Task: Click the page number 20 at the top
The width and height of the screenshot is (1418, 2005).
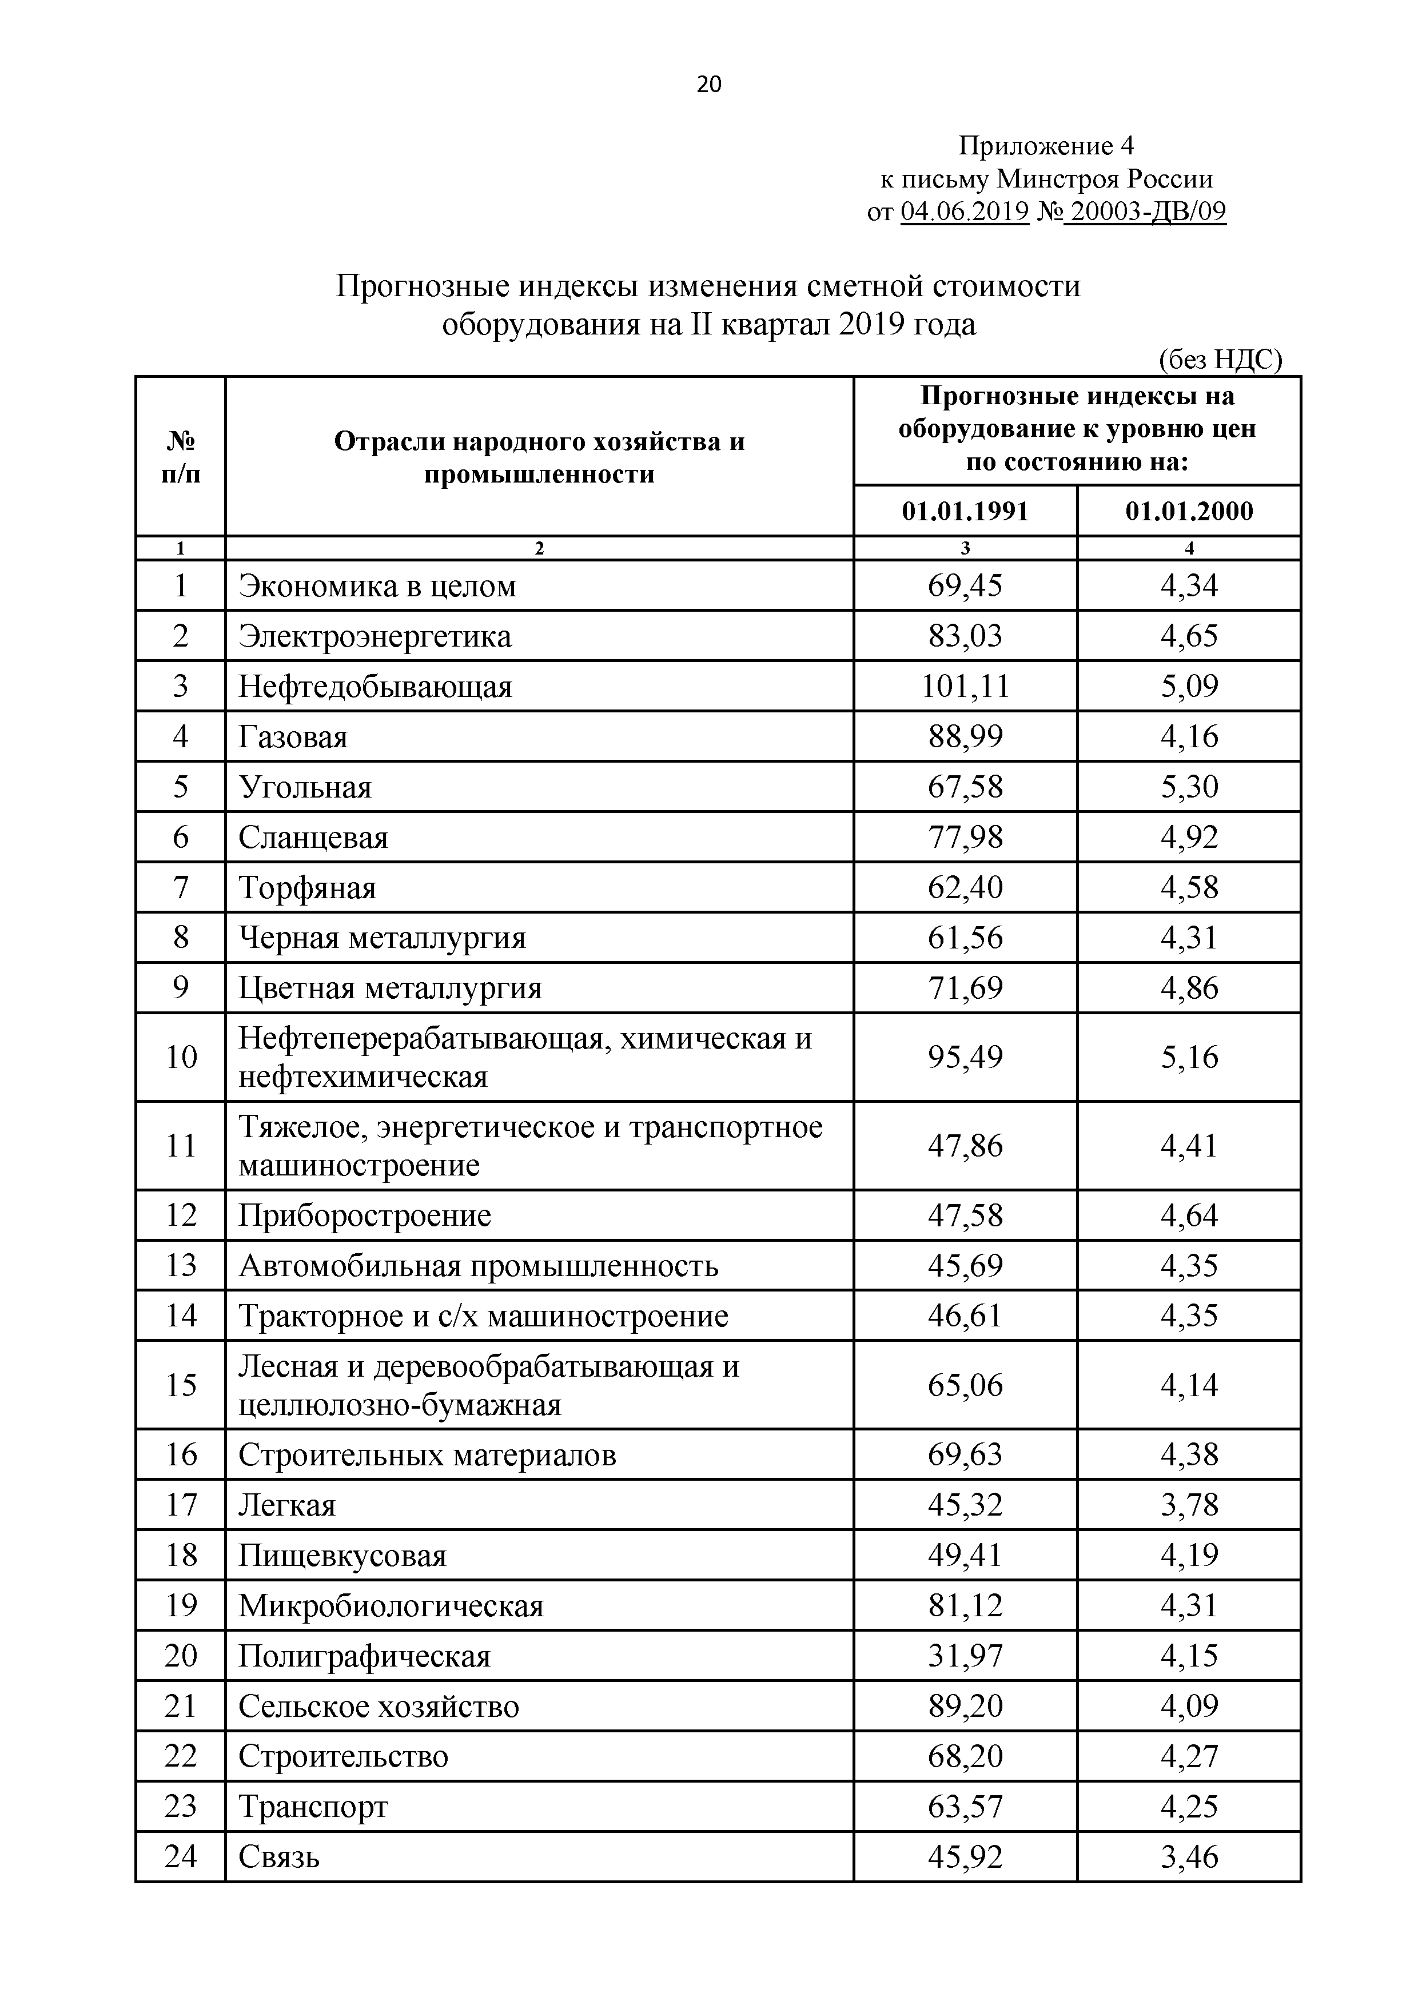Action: coord(709,85)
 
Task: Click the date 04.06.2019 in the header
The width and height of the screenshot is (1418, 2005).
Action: coord(964,212)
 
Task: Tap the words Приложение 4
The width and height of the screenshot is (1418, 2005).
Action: coord(1045,145)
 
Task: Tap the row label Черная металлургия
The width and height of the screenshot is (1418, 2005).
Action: coord(383,938)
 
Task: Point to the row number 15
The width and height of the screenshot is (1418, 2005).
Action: coord(181,1385)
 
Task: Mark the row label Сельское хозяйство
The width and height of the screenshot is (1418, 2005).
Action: coord(379,1707)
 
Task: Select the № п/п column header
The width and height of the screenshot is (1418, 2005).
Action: coord(181,457)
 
